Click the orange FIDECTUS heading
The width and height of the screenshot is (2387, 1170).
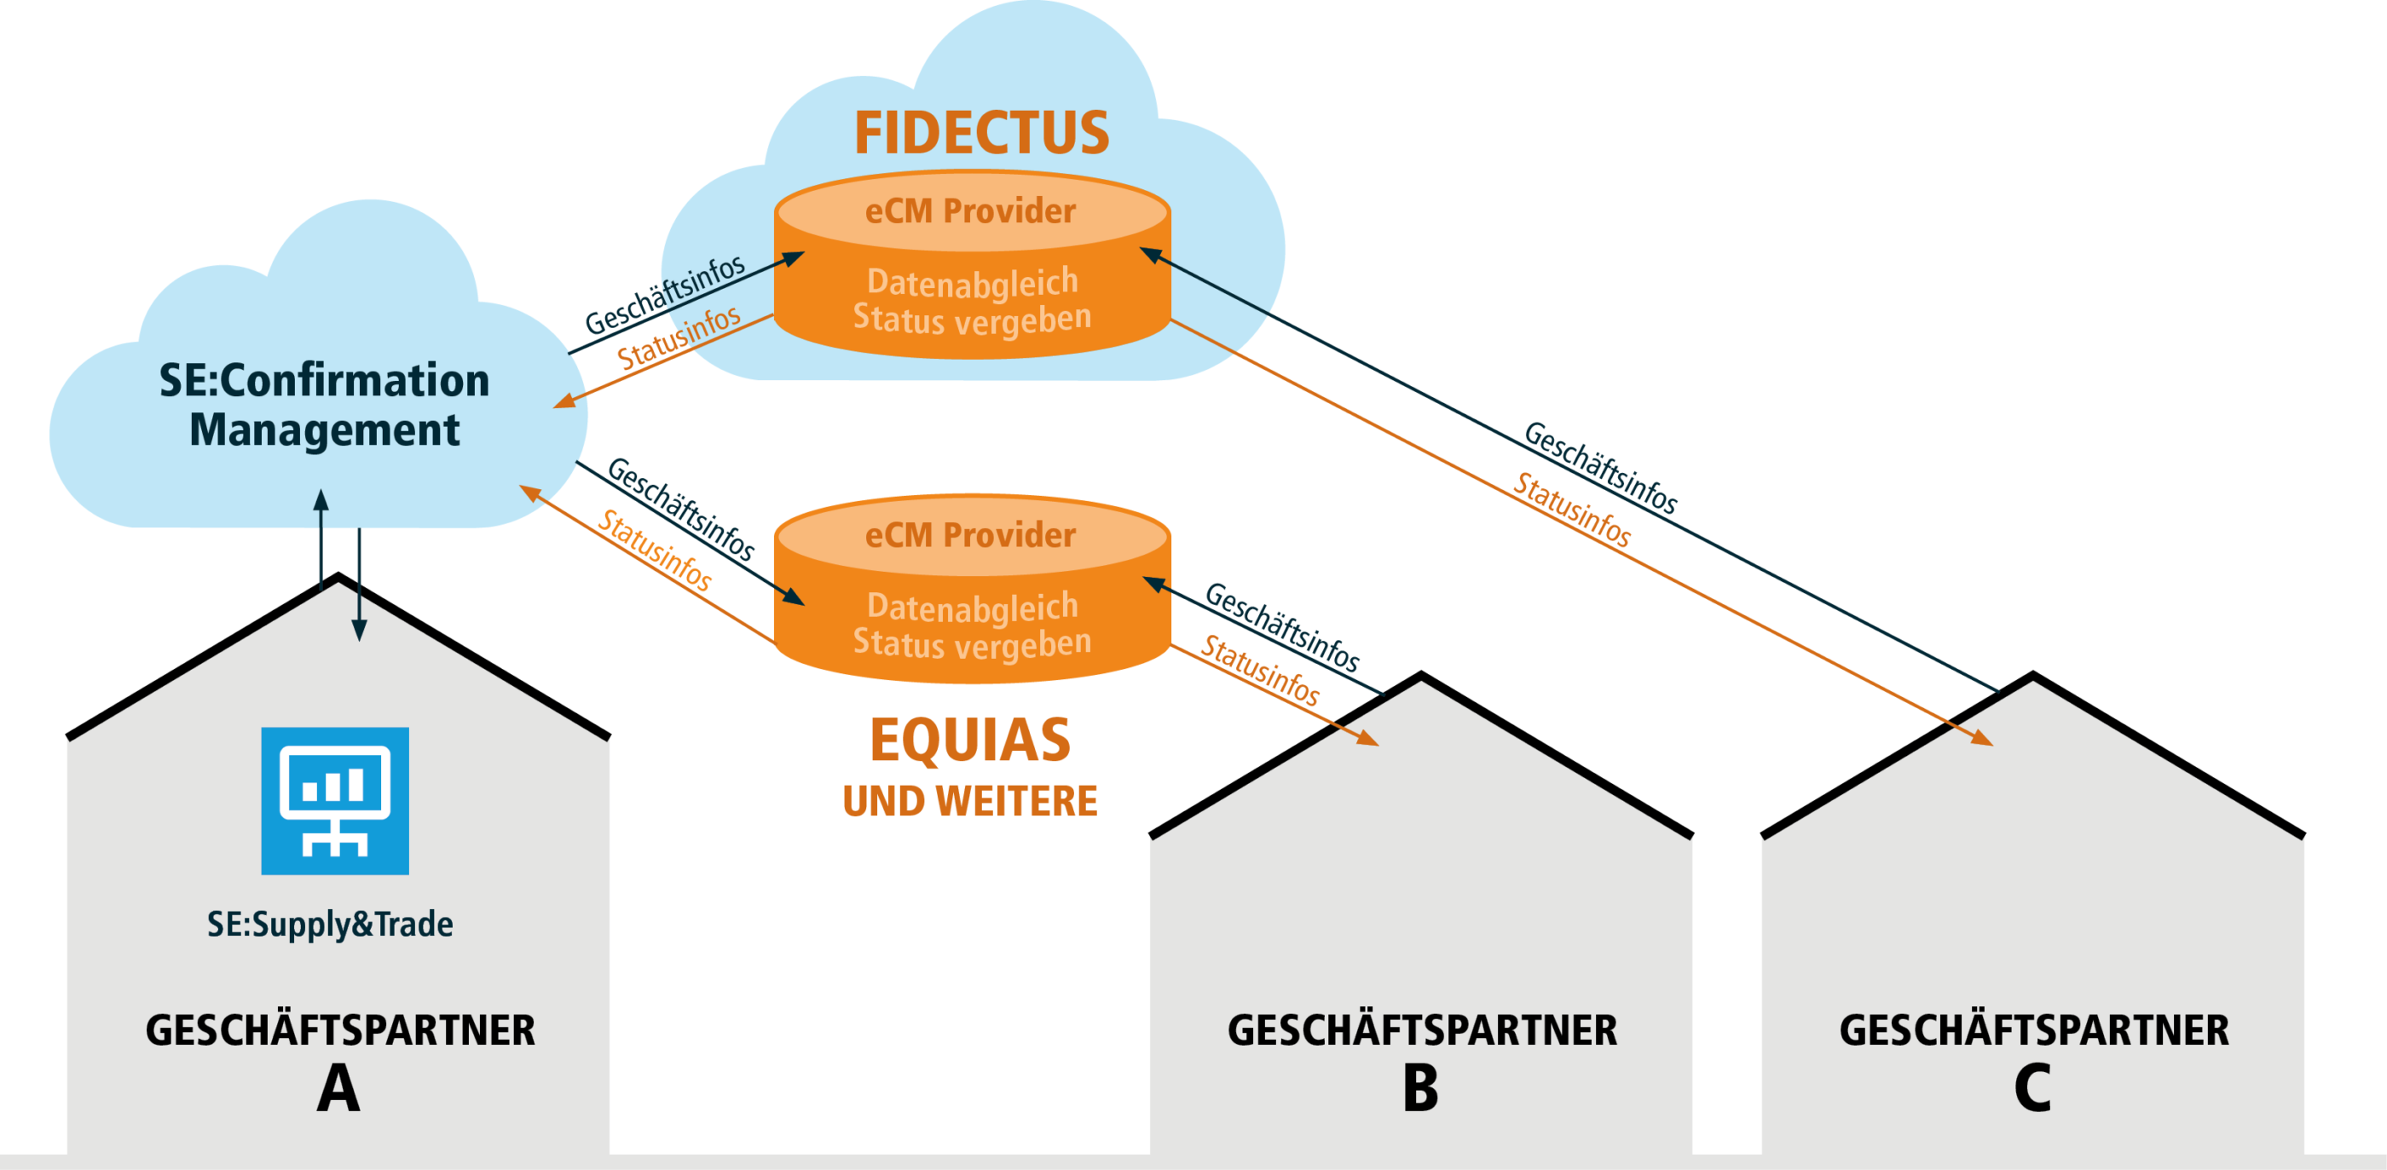point(981,132)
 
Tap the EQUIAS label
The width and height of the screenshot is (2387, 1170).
point(969,741)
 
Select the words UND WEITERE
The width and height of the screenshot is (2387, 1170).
point(969,801)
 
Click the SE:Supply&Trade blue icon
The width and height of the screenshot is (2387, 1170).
point(334,800)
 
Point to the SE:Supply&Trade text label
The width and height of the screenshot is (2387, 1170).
point(330,924)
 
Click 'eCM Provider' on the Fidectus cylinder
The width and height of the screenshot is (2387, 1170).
point(970,211)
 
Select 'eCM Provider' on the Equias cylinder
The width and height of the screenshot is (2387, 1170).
point(970,535)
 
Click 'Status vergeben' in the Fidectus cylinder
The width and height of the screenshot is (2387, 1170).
point(972,318)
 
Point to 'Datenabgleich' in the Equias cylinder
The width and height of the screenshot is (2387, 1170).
point(972,607)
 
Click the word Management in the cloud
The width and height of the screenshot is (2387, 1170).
point(324,429)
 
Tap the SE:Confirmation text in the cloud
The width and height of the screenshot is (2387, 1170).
point(324,381)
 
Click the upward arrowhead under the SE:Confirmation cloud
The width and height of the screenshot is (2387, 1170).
point(321,501)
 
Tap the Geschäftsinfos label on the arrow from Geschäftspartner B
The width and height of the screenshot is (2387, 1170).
point(1281,627)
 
